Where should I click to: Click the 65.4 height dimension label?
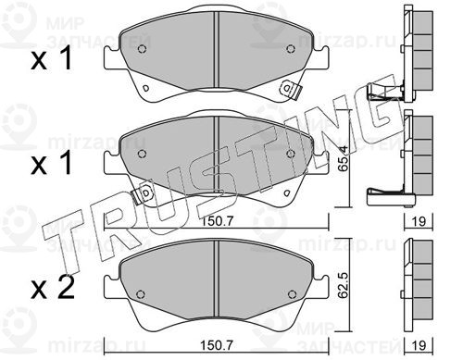pyautogui.click(x=344, y=158)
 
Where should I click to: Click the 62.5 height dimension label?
pyautogui.click(x=344, y=285)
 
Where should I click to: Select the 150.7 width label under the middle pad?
pyautogui.click(x=217, y=221)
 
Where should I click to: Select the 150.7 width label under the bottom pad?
pyautogui.click(x=217, y=345)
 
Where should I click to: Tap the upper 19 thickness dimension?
pyautogui.click(x=419, y=221)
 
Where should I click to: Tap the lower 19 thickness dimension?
pyautogui.click(x=419, y=345)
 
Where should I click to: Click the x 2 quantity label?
pyautogui.click(x=53, y=288)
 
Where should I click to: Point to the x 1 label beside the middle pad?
pyautogui.click(x=52, y=163)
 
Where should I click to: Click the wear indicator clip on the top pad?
pyautogui.click(x=290, y=90)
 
